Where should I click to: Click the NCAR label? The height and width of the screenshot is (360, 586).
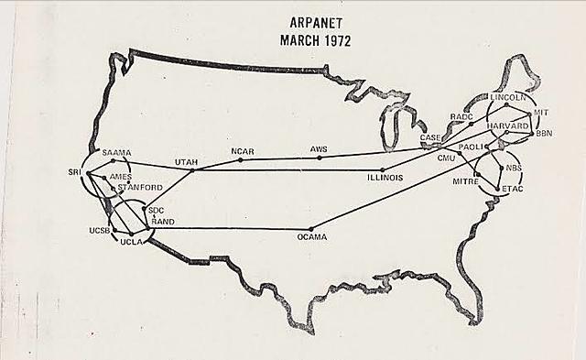click(242, 151)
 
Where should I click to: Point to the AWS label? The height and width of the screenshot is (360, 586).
click(319, 148)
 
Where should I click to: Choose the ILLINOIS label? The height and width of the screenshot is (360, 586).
click(385, 177)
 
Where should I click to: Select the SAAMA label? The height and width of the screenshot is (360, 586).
click(118, 152)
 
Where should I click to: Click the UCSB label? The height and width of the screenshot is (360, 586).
click(99, 231)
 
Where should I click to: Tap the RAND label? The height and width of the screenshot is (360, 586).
click(164, 222)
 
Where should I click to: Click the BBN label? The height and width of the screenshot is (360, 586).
click(544, 134)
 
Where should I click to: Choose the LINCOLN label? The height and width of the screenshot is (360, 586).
click(505, 96)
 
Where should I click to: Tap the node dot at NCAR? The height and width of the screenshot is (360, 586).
click(241, 159)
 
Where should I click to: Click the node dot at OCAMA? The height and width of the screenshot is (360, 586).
click(311, 228)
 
